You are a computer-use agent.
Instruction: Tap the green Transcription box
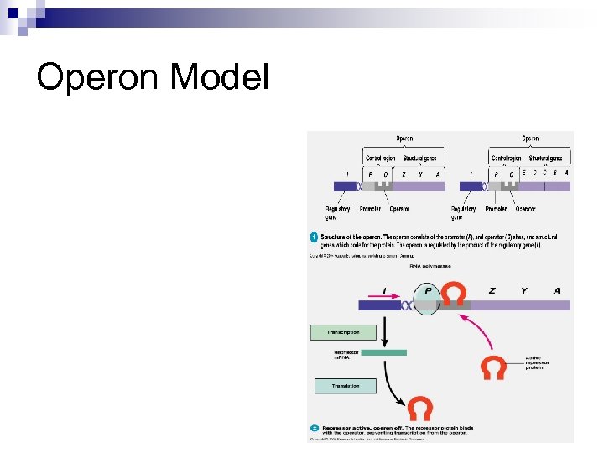pos(344,333)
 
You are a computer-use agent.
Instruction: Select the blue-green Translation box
pos(345,386)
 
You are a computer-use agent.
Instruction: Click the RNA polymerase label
pos(430,266)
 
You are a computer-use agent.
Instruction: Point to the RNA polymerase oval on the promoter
pos(427,299)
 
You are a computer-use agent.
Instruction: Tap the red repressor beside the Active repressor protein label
pos(493,367)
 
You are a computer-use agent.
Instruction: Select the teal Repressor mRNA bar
pos(383,352)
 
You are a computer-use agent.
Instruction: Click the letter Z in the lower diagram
pos(492,290)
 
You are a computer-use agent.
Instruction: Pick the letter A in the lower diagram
pos(557,290)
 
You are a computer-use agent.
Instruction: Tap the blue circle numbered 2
pos(314,429)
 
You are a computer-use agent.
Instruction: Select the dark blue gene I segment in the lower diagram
pos(379,305)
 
